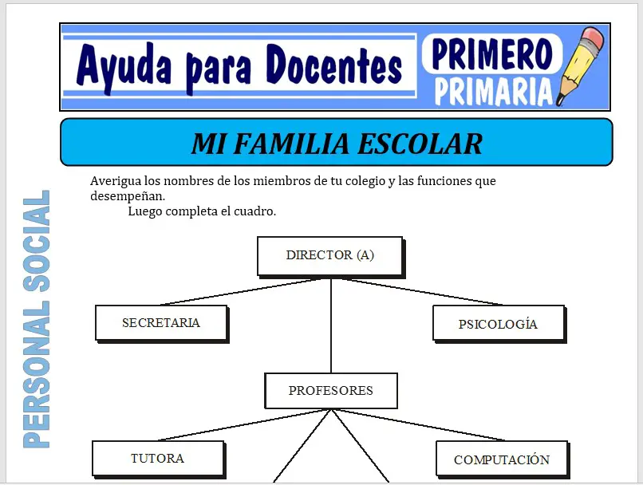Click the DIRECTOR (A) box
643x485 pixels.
(x=329, y=256)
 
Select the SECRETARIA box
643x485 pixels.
(x=160, y=323)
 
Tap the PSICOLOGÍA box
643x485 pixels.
(x=498, y=324)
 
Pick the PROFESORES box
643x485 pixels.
(x=330, y=391)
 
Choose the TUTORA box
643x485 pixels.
(x=157, y=459)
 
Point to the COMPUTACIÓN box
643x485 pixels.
(x=501, y=459)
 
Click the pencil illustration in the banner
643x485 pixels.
(x=581, y=65)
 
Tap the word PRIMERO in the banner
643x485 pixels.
(x=492, y=53)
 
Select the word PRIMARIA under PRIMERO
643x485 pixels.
(x=493, y=91)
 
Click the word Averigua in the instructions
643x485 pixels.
(x=116, y=181)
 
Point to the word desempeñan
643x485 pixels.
(x=128, y=196)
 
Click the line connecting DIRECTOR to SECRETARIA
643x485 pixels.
(x=247, y=292)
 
